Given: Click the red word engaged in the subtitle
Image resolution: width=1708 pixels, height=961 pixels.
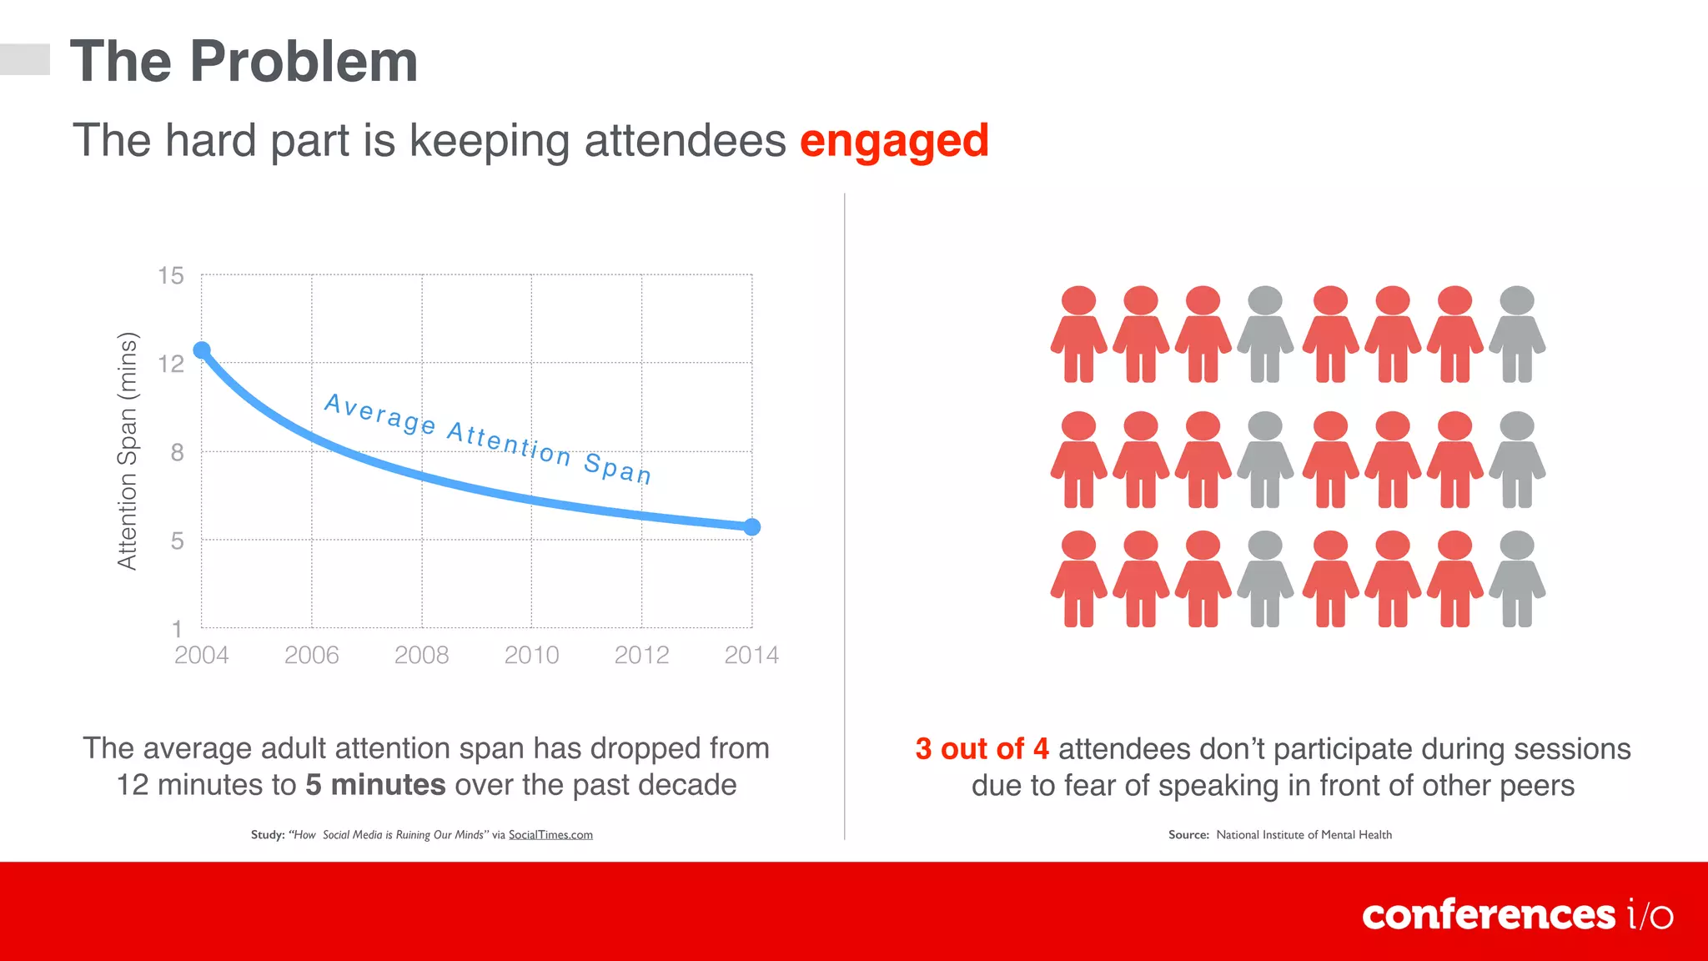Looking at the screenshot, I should [894, 140].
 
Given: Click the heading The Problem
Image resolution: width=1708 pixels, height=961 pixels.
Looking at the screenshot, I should [244, 62].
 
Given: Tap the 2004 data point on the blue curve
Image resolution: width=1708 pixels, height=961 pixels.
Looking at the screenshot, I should [202, 350].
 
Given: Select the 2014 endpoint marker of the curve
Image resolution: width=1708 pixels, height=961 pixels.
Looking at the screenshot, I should [751, 527].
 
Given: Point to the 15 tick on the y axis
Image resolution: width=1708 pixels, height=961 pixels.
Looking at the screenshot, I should [171, 275].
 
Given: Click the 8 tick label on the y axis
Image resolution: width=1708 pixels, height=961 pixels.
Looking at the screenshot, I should [177, 452].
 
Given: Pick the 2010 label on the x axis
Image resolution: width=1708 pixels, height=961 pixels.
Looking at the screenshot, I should [531, 655].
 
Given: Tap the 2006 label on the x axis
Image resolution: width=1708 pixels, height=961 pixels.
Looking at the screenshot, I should [311, 655].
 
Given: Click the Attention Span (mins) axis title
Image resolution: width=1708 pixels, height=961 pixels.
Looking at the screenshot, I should [127, 450].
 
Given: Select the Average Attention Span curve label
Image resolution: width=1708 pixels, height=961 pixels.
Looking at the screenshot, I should [488, 439].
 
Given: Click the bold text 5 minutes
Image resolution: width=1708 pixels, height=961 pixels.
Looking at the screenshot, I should [375, 785].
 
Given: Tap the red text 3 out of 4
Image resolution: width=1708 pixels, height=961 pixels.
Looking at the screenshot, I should [982, 748].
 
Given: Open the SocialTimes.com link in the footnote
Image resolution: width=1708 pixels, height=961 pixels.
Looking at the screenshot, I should [550, 835].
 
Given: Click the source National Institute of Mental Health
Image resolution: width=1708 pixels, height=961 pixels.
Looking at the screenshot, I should [1304, 835].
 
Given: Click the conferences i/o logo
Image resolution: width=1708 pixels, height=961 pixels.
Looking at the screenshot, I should [1517, 915].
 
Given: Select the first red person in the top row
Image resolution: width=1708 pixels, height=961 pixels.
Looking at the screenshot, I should [1078, 335].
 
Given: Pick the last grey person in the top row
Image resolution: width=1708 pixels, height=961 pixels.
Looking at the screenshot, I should [1517, 335].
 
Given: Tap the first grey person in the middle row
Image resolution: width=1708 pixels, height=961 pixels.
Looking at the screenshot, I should [1265, 460].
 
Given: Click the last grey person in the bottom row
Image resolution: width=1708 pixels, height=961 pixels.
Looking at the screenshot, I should [1517, 579].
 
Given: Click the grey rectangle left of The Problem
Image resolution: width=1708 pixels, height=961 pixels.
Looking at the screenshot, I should [25, 59].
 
